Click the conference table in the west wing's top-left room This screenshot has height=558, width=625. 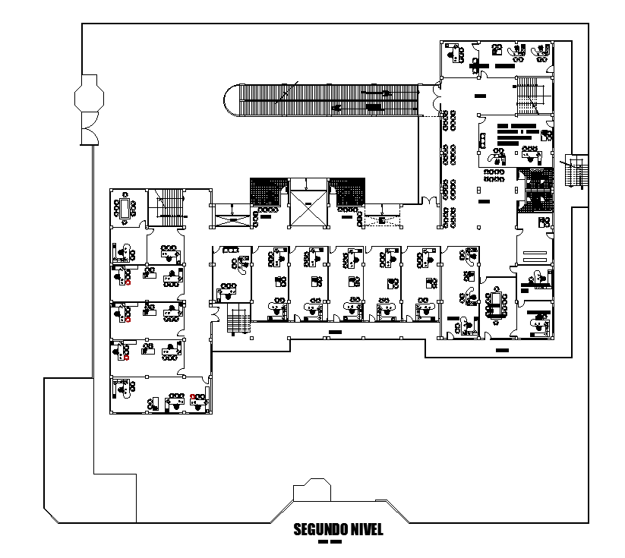click(x=125, y=208)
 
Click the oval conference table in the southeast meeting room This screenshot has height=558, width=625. click(x=499, y=304)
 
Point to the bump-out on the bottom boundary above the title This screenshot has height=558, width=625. click(x=312, y=490)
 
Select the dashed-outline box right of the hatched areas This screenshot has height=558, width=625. click(x=384, y=220)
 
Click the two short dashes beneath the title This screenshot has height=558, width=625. click(x=330, y=543)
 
